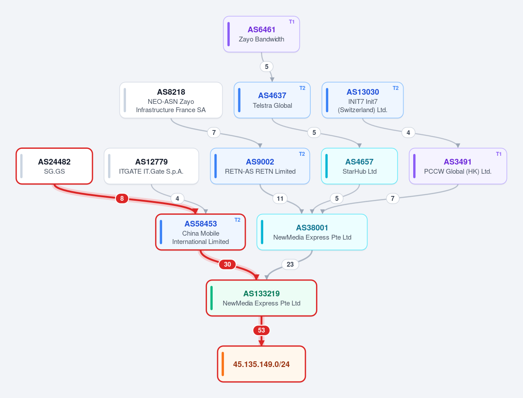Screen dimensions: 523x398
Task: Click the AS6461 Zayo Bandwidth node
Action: (x=261, y=34)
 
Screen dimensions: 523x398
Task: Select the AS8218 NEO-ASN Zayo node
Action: (x=171, y=100)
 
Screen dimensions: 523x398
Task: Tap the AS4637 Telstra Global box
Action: (x=272, y=100)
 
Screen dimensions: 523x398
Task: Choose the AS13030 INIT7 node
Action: (x=363, y=100)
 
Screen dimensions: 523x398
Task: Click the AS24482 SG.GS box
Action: (x=54, y=166)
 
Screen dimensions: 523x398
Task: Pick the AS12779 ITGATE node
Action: (x=151, y=166)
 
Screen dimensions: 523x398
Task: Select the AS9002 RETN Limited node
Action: (x=260, y=166)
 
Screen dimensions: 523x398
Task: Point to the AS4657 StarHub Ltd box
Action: (x=359, y=166)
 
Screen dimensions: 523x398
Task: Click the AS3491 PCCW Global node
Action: (x=458, y=166)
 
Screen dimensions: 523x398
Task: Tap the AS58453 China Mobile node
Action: (x=200, y=232)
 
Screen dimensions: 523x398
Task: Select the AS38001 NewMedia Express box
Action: (x=312, y=232)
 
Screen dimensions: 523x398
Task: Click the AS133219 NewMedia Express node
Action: (x=261, y=298)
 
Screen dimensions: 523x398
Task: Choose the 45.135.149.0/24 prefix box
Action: (x=261, y=364)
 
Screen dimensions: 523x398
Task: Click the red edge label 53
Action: (x=261, y=330)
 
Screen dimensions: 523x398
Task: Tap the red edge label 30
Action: (x=228, y=264)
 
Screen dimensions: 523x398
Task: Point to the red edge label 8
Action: (x=122, y=199)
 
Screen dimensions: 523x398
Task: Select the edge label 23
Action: (x=290, y=264)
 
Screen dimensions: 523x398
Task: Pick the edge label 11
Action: (x=280, y=199)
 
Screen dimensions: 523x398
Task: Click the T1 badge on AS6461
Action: (x=292, y=22)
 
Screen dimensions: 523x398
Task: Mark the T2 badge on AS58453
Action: (x=238, y=220)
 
